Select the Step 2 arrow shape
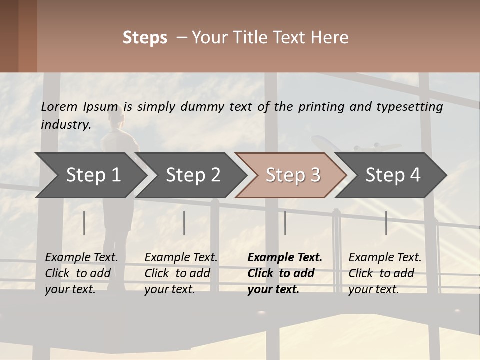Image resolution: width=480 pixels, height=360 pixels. (x=192, y=175)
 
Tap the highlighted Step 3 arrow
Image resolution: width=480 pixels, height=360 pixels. (x=292, y=175)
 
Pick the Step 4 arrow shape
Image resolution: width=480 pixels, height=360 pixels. (x=392, y=175)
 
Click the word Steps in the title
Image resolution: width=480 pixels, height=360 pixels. (x=145, y=37)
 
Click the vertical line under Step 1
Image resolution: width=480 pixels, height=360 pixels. (x=84, y=223)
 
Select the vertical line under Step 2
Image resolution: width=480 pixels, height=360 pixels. (x=184, y=223)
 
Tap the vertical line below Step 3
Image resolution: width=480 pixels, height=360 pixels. (x=285, y=223)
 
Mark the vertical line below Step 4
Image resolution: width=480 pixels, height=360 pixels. (x=386, y=223)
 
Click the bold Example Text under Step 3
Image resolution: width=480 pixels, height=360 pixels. (x=285, y=258)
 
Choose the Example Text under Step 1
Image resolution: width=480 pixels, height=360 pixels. (x=81, y=258)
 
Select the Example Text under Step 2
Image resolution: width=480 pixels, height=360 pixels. (x=181, y=258)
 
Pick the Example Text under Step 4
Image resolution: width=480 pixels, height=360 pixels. (x=385, y=258)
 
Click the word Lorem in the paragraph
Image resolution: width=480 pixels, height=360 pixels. (x=59, y=107)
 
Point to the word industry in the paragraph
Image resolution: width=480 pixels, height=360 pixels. (x=65, y=125)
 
